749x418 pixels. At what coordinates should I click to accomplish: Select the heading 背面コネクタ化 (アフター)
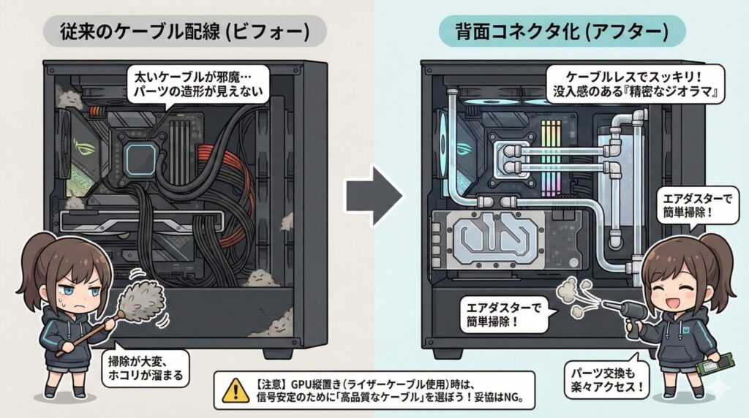coord(562,31)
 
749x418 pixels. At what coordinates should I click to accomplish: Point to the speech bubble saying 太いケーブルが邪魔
coord(196,83)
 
